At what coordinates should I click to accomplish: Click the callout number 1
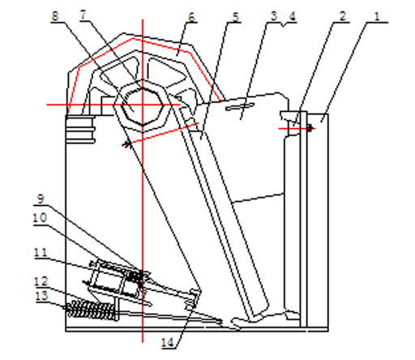coord(377,17)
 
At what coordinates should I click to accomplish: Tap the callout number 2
coord(343,16)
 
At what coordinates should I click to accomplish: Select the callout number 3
coord(274,16)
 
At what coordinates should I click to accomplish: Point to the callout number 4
coord(292,16)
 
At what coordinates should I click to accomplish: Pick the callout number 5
coord(236,17)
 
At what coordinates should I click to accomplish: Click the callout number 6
coord(191,17)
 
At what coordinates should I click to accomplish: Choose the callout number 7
coord(83,15)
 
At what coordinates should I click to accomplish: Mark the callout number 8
coord(55,15)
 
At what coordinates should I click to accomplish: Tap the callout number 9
coord(41,199)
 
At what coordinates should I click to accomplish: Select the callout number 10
coord(40,218)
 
